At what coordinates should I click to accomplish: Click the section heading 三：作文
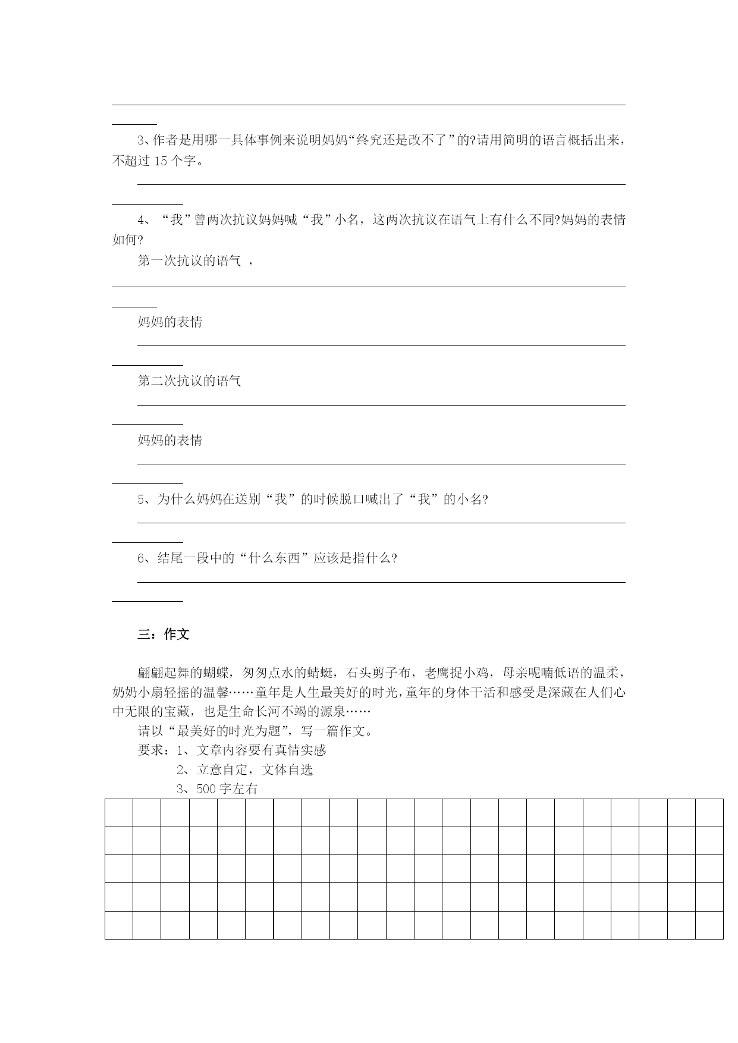coord(164,634)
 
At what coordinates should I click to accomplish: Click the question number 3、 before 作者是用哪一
coord(144,141)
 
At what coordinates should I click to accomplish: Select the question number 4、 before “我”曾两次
coord(144,220)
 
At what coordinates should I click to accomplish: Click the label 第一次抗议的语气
coord(189,260)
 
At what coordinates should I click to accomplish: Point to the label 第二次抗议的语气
coord(189,381)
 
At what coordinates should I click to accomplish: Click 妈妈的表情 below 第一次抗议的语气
coord(170,322)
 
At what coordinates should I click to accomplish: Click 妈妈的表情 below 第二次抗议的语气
coord(170,440)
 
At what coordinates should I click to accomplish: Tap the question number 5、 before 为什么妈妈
coord(145,499)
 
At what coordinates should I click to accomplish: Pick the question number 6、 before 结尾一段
coord(145,558)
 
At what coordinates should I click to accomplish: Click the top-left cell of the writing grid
coord(119,813)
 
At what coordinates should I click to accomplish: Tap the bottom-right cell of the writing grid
coord(709,925)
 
